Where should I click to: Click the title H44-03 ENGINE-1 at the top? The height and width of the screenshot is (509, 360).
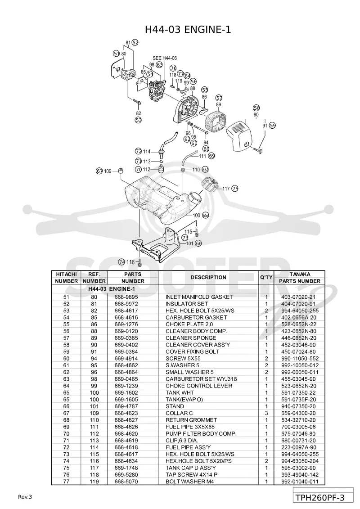tap(188, 30)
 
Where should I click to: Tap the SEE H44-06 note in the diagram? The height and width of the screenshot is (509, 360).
tap(165, 58)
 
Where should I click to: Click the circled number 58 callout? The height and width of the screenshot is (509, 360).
tap(256, 108)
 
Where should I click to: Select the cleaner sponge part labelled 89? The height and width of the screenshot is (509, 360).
tap(216, 125)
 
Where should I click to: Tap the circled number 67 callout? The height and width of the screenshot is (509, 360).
tap(99, 171)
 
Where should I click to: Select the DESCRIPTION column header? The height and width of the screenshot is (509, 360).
tap(208, 277)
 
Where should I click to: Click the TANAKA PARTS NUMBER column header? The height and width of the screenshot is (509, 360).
tap(300, 278)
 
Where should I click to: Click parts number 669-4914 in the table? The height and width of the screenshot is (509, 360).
tap(126, 359)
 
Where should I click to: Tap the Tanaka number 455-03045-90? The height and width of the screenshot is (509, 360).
tap(299, 379)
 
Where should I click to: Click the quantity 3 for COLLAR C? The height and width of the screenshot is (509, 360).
tap(266, 413)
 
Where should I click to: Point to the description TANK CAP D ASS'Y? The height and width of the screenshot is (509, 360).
tap(191, 468)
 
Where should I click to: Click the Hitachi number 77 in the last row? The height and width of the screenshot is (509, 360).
tap(66, 482)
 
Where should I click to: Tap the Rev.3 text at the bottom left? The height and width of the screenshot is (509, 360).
tap(25, 497)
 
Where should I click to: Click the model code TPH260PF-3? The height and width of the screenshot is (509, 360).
tap(320, 498)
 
